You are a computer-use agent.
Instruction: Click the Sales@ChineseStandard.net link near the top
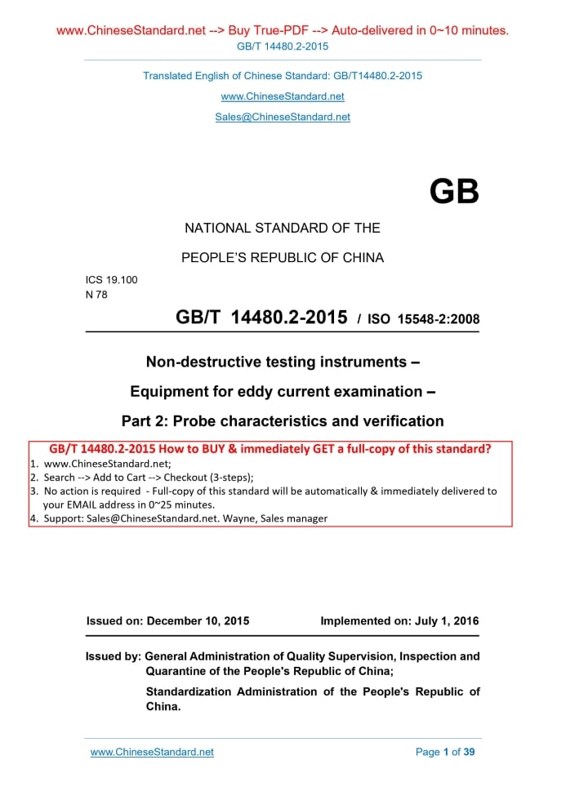pos(283,117)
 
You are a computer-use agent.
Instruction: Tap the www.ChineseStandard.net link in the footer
pos(152,752)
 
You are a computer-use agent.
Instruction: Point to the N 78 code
pos(96,295)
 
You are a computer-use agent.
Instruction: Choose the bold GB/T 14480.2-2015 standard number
pos(261,318)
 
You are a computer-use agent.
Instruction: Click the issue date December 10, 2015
pos(198,620)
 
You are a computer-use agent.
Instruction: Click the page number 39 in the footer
pos(469,752)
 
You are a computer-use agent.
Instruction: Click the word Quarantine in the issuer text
pos(176,672)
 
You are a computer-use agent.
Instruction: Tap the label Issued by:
pos(113,656)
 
